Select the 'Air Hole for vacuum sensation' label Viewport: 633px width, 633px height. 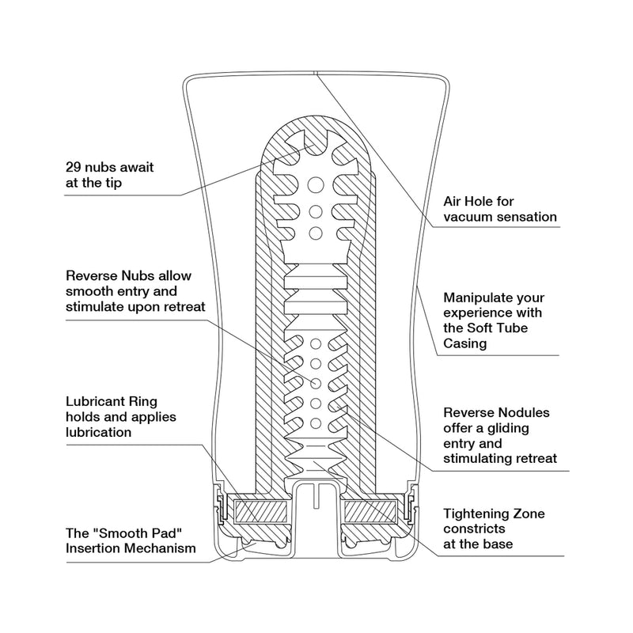[x=499, y=209]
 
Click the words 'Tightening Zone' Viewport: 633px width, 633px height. [x=494, y=514]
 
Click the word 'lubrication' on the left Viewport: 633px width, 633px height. [x=99, y=433]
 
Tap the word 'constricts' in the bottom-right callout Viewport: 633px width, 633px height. [x=475, y=529]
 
